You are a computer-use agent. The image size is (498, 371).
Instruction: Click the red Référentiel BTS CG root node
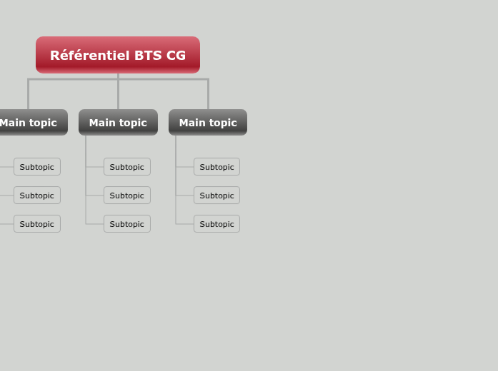pyautogui.click(x=118, y=55)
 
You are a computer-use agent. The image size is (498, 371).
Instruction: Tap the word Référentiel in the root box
pyautogui.click(x=89, y=56)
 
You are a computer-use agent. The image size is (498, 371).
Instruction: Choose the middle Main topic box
pyautogui.click(x=118, y=123)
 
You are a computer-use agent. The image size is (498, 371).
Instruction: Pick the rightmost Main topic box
pyautogui.click(x=208, y=123)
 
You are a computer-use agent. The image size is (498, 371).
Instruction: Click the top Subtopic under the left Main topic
pyautogui.click(x=37, y=167)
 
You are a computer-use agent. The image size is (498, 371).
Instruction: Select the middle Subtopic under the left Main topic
pyautogui.click(x=37, y=195)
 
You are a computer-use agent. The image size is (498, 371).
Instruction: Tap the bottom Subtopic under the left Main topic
pyautogui.click(x=37, y=224)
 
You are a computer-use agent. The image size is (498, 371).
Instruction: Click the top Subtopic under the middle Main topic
pyautogui.click(x=127, y=167)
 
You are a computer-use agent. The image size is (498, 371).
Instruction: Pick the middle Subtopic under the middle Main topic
pyautogui.click(x=127, y=195)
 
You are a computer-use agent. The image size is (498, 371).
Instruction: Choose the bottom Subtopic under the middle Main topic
pyautogui.click(x=127, y=224)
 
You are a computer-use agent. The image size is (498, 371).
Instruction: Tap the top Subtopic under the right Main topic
pyautogui.click(x=216, y=167)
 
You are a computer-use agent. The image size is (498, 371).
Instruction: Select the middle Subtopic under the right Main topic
pyautogui.click(x=216, y=195)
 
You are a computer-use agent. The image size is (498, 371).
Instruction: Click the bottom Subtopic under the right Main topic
pyautogui.click(x=216, y=224)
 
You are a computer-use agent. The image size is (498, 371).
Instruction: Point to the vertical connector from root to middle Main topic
pyautogui.click(x=118, y=93)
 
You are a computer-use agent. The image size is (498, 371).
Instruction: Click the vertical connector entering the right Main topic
pyautogui.click(x=208, y=94)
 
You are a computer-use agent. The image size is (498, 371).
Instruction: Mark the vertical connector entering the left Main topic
pyautogui.click(x=29, y=94)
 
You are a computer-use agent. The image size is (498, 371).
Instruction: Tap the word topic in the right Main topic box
pyautogui.click(x=223, y=123)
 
